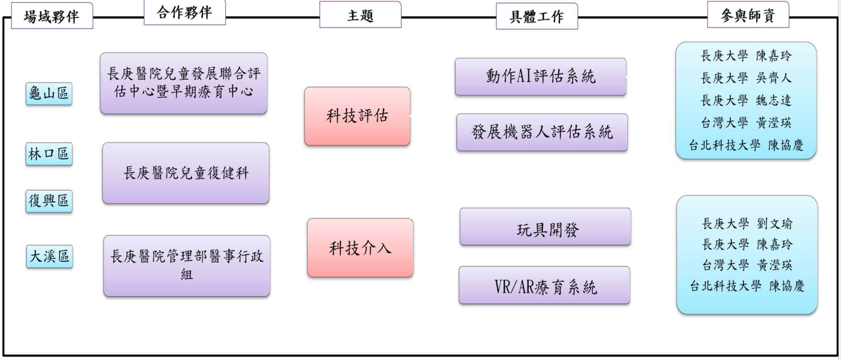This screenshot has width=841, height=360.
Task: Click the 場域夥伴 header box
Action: click(x=52, y=16)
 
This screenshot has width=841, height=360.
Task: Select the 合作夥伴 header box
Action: click(x=185, y=13)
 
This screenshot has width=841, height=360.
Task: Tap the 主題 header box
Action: click(x=360, y=15)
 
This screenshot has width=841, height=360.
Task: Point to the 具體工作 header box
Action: click(x=537, y=16)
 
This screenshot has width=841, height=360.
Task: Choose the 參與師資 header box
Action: click(x=748, y=15)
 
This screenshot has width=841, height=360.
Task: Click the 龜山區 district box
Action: click(x=49, y=94)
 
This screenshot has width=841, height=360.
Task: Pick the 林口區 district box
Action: click(x=49, y=154)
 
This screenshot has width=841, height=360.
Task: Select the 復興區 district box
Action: click(x=49, y=201)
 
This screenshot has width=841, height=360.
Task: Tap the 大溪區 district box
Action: click(x=49, y=257)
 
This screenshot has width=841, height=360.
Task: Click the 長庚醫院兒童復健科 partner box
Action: click(x=186, y=173)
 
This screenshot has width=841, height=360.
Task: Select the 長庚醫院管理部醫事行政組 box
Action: click(x=187, y=266)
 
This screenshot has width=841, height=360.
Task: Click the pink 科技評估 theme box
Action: click(x=357, y=116)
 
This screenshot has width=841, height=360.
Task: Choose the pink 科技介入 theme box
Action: click(x=360, y=248)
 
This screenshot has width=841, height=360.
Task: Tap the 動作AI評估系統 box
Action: click(x=540, y=77)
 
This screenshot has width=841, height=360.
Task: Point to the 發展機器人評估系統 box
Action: click(x=542, y=132)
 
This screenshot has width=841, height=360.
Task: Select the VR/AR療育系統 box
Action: click(x=545, y=286)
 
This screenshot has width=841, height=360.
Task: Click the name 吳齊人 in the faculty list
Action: click(x=774, y=78)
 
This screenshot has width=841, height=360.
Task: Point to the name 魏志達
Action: click(x=774, y=100)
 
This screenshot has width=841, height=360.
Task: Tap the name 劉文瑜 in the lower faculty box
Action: click(x=775, y=224)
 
